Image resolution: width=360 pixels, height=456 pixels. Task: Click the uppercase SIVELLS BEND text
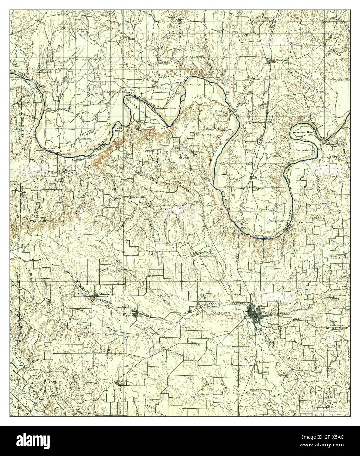(196, 85)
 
